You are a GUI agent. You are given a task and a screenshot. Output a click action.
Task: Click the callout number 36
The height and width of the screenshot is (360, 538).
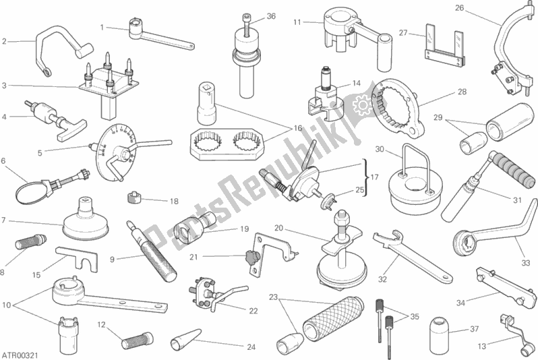pos(271,16)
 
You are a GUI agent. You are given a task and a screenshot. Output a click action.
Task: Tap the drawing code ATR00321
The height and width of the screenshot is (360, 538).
pos(20,355)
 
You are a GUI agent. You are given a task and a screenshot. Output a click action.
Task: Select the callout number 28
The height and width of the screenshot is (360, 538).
pos(462,92)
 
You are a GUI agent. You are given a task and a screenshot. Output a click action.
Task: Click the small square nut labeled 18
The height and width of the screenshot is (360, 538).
pos(135,198)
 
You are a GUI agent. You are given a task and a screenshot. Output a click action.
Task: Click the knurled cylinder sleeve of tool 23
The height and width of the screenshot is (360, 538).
pos(333,318)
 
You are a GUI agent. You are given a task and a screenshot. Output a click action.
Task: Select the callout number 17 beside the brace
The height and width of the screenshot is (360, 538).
pos(375,177)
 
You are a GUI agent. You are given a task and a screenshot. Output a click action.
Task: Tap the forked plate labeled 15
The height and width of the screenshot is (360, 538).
pos(78,259)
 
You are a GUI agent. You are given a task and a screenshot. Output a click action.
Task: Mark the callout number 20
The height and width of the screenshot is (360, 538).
pos(278,228)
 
